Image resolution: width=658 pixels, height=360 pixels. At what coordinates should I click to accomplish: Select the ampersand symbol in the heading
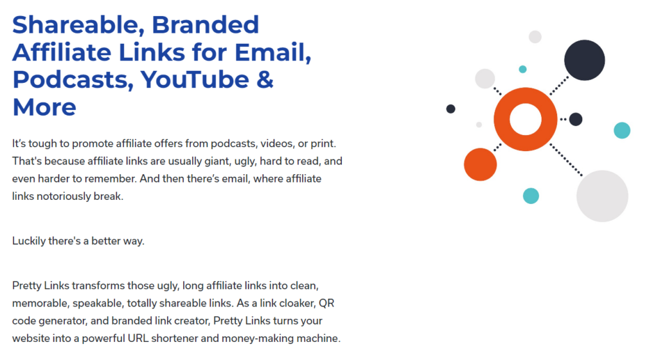point(265,79)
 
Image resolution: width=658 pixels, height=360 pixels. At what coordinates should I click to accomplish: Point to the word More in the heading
point(44,107)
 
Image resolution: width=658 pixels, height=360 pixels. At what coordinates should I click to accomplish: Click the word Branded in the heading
point(205,25)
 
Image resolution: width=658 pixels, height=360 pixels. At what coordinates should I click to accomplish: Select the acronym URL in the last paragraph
point(138,338)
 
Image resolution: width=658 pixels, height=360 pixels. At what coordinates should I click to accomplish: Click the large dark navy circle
point(584,60)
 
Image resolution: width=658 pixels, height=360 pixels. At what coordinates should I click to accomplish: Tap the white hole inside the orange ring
point(526,119)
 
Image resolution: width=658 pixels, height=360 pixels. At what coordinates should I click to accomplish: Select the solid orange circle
point(480,165)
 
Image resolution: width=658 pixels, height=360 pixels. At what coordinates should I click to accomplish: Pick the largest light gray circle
point(602,196)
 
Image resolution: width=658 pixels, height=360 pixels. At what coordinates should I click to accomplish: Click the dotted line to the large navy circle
point(559,85)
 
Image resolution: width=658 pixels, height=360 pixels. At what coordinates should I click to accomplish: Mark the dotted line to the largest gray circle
point(566,160)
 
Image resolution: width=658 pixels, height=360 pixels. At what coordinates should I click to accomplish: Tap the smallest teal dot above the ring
point(522,69)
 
